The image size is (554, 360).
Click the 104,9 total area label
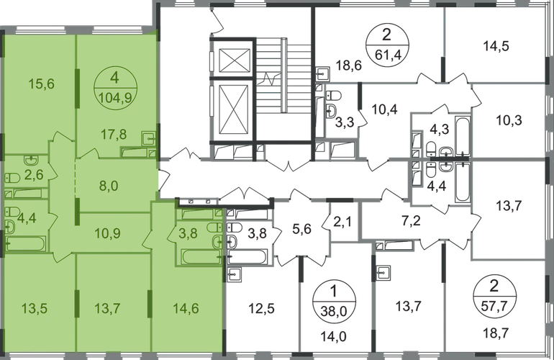click(116, 98)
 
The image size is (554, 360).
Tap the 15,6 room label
click(41, 84)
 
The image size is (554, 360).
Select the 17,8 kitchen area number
click(114, 135)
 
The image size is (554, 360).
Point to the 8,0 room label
click(109, 186)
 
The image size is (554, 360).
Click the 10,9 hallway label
click(107, 233)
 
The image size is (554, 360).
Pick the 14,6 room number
click(186, 308)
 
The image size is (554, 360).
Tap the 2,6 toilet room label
click(34, 174)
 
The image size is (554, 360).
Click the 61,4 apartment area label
click(387, 55)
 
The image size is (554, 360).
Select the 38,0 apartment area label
click(334, 312)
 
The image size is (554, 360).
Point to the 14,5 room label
click(496, 46)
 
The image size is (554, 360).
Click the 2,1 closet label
click(342, 222)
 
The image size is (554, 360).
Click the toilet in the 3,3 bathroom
click(333, 96)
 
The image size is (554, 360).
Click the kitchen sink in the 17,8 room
click(149, 138)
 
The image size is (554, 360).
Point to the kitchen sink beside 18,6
click(322, 74)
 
